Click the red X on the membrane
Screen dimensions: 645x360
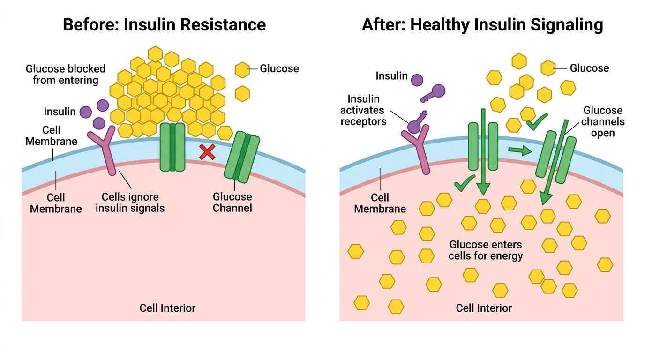[207, 152]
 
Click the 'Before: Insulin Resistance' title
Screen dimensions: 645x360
[164, 24]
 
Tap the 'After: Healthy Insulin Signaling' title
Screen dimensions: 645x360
[482, 25]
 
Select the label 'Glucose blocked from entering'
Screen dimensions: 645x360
[66, 75]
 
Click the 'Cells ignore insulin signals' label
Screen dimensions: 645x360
[130, 202]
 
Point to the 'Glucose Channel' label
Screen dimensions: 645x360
[232, 202]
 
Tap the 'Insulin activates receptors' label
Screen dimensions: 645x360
[363, 110]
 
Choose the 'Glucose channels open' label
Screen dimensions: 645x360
[603, 121]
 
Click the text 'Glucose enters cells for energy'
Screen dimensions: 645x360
[486, 250]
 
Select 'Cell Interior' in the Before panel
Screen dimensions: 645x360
[167, 308]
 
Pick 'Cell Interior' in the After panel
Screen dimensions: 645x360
[484, 308]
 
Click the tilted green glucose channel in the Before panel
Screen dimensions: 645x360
[242, 157]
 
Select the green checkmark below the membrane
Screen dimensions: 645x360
[465, 183]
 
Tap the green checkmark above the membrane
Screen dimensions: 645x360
[537, 122]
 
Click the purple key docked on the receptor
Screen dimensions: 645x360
[417, 122]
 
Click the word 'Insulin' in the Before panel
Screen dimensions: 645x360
[60, 112]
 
